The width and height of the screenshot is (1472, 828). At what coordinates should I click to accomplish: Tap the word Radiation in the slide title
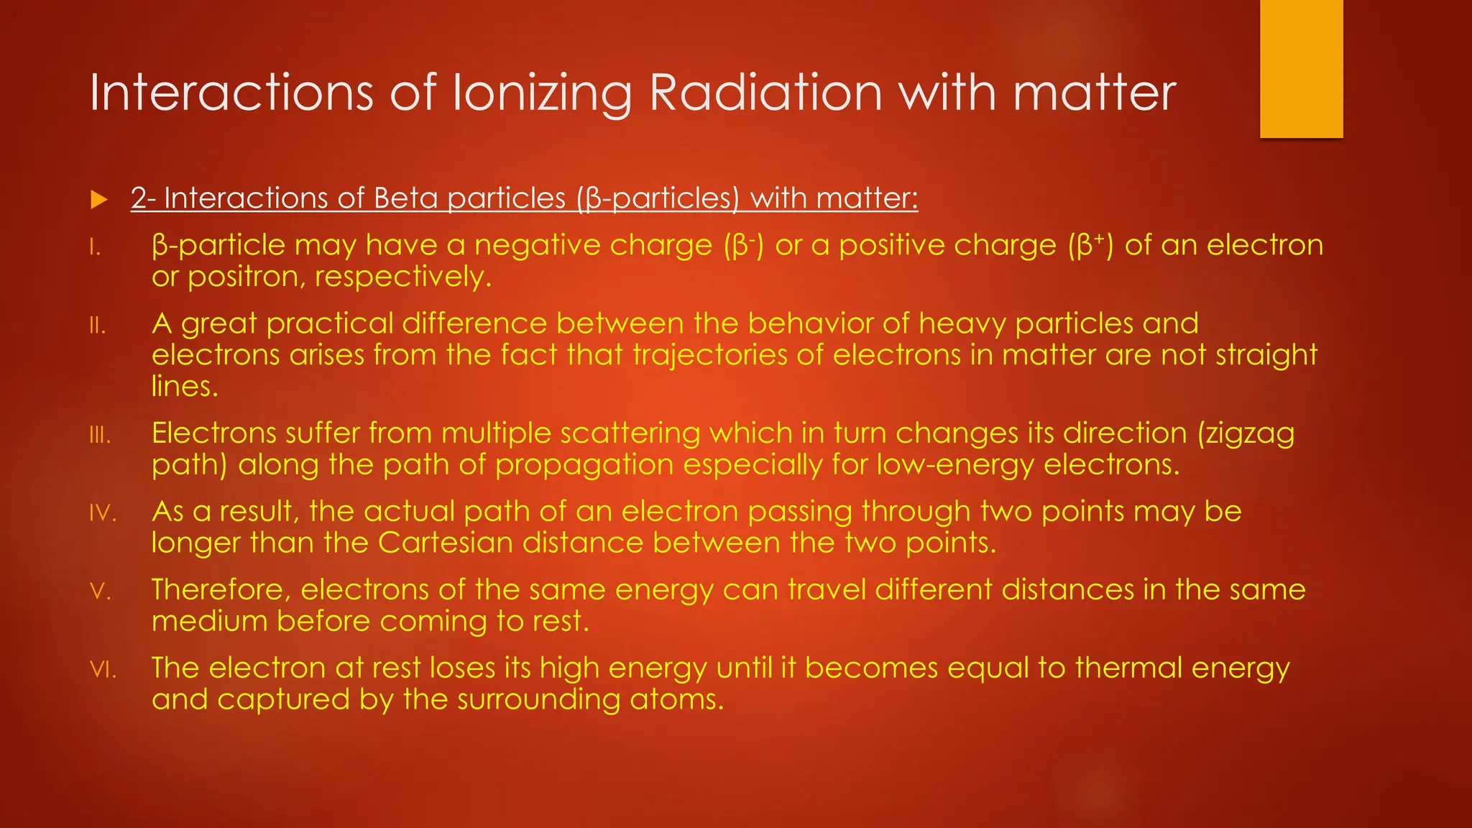[x=765, y=93]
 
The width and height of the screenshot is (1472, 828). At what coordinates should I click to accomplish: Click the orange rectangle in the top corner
[x=1301, y=68]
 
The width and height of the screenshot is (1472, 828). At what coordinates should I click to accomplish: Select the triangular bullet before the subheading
[x=99, y=200]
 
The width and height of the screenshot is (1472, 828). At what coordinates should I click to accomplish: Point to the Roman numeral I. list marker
[x=95, y=248]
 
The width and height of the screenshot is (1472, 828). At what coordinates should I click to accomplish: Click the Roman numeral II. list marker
[x=98, y=326]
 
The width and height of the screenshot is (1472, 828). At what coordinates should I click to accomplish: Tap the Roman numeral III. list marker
[x=100, y=436]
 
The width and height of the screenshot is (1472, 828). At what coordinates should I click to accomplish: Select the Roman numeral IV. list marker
[x=103, y=514]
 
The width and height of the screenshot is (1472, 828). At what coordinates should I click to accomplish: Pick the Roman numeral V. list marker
[x=100, y=592]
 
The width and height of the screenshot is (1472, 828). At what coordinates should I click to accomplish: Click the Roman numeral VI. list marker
[x=103, y=671]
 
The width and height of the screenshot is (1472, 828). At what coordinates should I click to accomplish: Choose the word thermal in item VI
[x=1128, y=668]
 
